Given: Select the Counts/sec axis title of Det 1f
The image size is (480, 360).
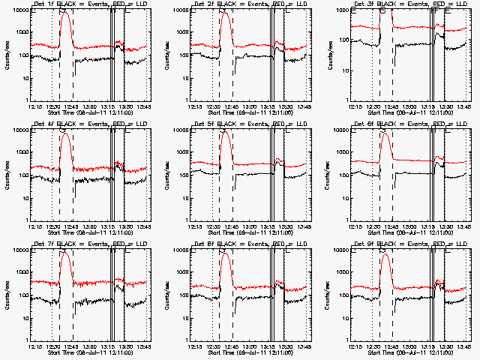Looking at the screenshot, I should tap(7, 55).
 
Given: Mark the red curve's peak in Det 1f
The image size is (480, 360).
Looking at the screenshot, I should tap(65, 13).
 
